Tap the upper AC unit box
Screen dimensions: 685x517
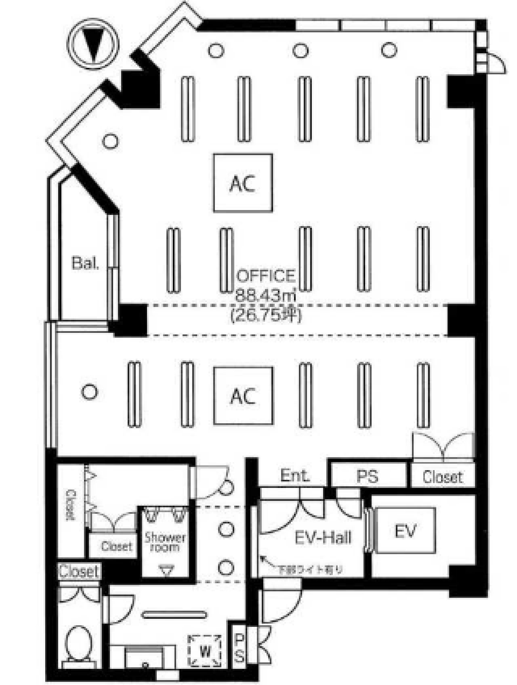tap(243, 183)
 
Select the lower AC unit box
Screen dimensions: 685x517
tap(243, 396)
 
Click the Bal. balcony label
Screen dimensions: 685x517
tap(85, 263)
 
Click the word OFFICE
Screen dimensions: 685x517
tap(266, 276)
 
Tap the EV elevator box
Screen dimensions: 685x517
tap(405, 530)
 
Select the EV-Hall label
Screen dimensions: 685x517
tap(323, 538)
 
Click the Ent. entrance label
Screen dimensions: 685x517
tap(295, 476)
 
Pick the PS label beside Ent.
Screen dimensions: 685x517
tap(368, 477)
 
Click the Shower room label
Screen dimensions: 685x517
tap(165, 542)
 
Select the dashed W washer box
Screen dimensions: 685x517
tap(205, 651)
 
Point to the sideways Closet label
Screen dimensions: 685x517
tap(71, 504)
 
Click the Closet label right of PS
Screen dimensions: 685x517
tap(442, 477)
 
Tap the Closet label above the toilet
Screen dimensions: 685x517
tap(79, 572)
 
